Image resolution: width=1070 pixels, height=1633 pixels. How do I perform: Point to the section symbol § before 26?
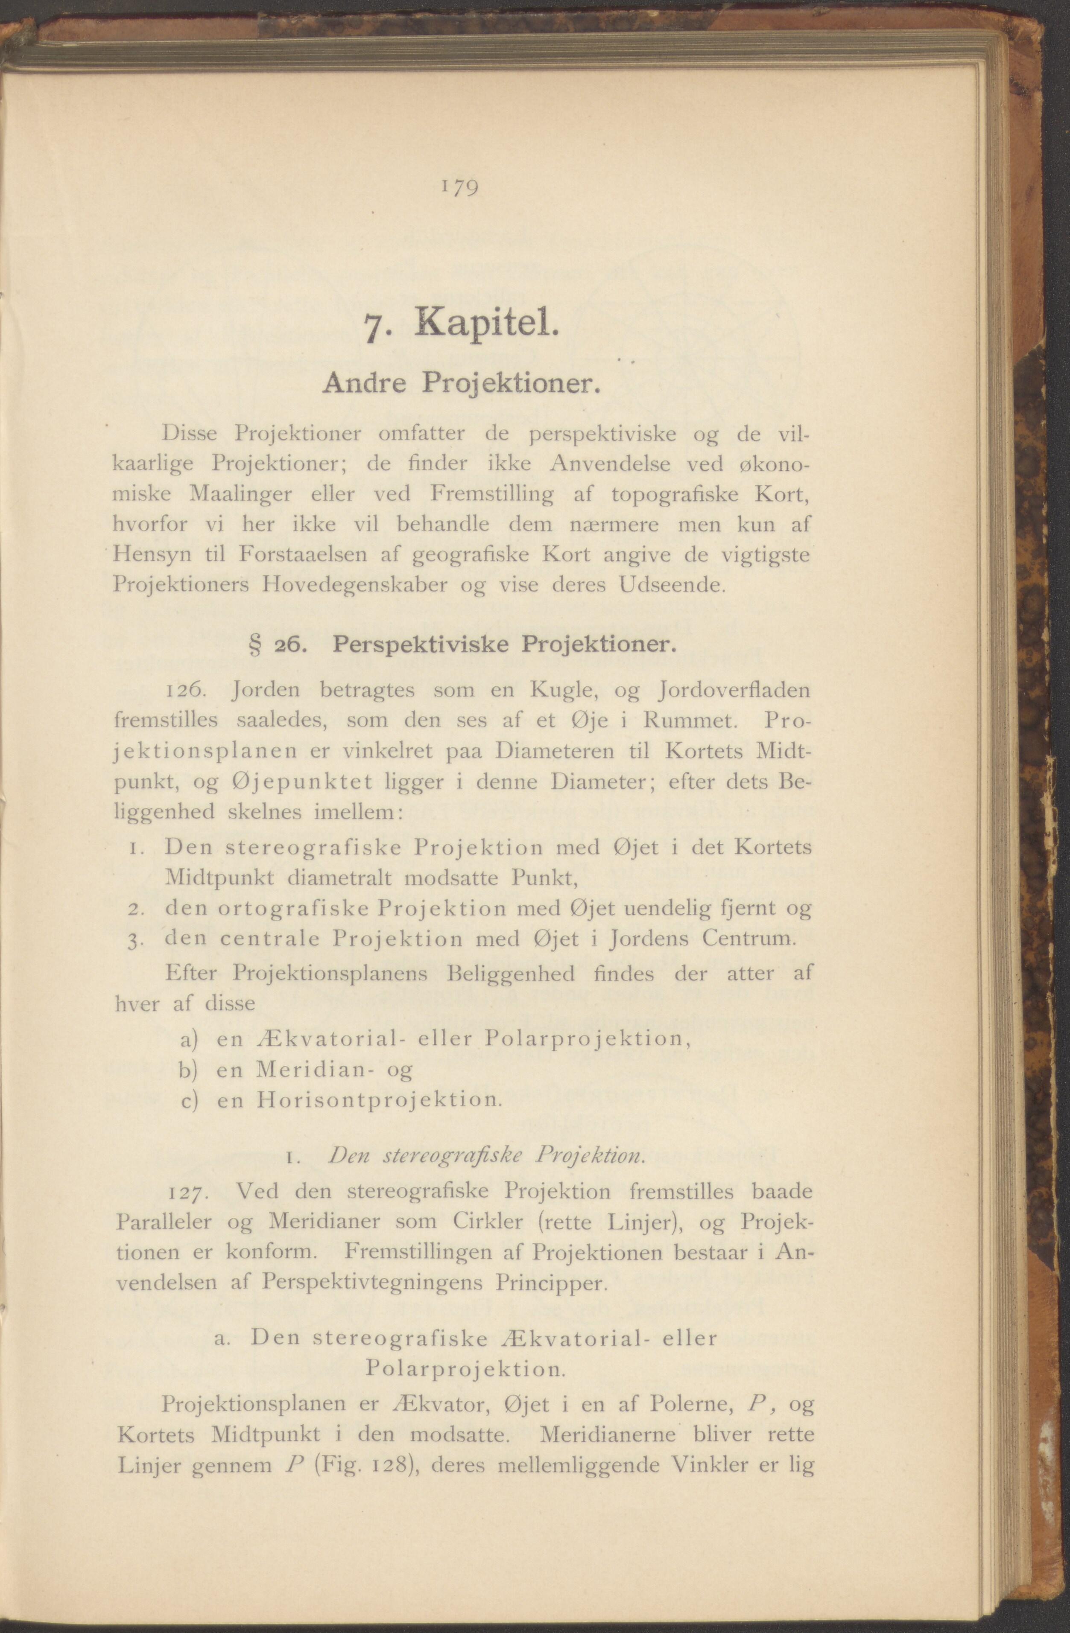[x=252, y=646]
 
